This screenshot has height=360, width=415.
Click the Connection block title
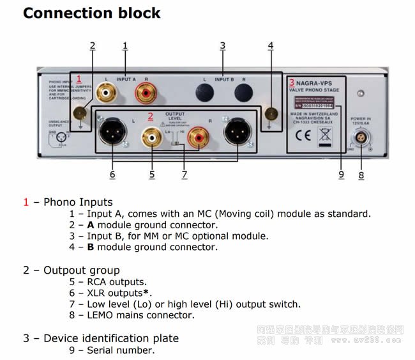(92, 13)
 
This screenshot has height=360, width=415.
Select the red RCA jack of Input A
(144, 93)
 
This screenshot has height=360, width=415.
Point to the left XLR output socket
(113, 134)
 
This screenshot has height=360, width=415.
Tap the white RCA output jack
(153, 136)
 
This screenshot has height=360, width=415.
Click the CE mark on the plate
(303, 135)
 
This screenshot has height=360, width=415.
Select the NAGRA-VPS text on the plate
(317, 83)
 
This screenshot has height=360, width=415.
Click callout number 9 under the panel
(341, 174)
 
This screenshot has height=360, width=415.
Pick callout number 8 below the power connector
(361, 174)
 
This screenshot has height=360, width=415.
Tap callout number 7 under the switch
(184, 174)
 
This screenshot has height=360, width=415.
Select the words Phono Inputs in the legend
(78, 202)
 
